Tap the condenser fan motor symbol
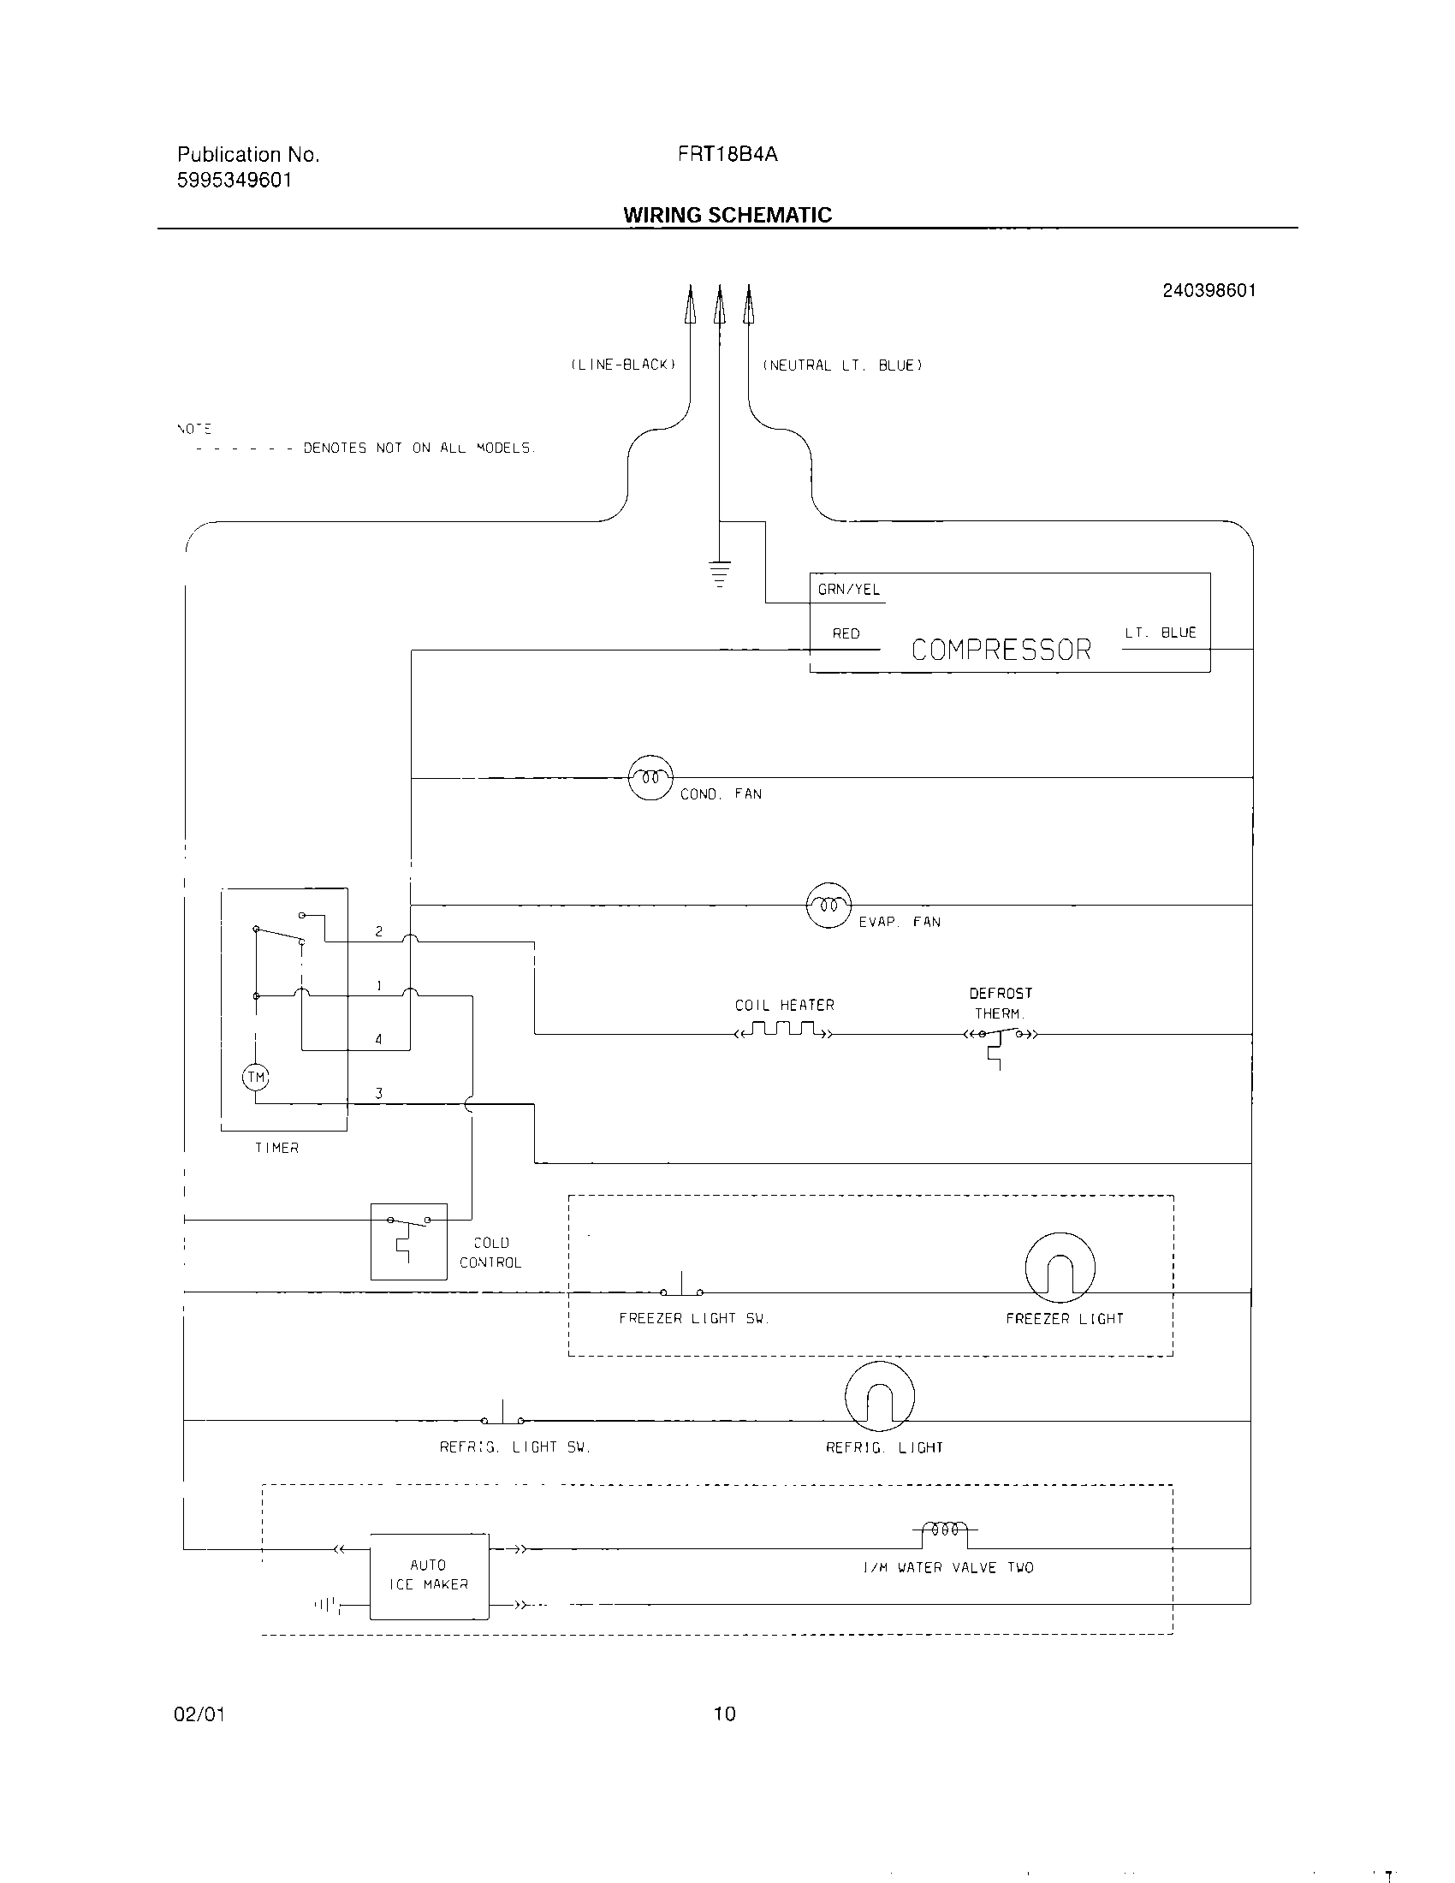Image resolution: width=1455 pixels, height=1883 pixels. [x=650, y=778]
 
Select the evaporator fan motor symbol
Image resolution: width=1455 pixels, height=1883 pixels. [x=828, y=906]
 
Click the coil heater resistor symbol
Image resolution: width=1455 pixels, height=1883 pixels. [x=782, y=1031]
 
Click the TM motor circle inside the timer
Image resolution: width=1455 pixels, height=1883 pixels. [x=256, y=1077]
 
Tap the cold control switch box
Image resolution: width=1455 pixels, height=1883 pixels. [x=408, y=1241]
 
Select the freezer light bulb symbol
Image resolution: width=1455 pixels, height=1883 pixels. [x=1060, y=1267]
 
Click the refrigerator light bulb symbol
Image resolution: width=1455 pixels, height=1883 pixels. [x=879, y=1396]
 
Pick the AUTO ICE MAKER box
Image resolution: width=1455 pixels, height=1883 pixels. [x=429, y=1575]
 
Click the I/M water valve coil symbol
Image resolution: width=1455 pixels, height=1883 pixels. [x=945, y=1530]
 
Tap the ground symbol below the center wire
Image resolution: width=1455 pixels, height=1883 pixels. [x=720, y=573]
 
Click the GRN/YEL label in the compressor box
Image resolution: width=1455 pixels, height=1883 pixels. [x=848, y=590]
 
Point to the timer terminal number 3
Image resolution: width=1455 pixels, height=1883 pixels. [x=378, y=1093]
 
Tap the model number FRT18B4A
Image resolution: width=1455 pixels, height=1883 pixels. [x=727, y=154]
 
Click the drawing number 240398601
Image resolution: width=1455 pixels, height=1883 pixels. [x=1209, y=290]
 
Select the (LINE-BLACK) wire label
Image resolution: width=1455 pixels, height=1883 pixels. [x=623, y=365]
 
